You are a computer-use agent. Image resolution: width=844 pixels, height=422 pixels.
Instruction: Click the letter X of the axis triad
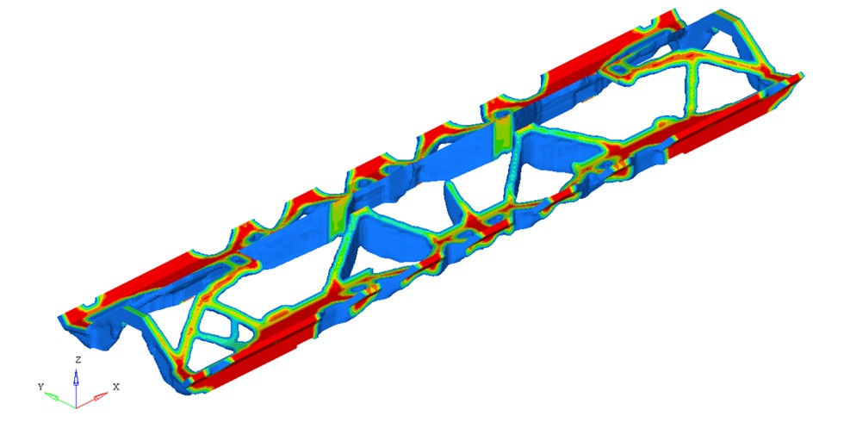tap(116, 387)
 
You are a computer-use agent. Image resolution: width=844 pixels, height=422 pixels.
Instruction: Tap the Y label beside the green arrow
tap(40, 387)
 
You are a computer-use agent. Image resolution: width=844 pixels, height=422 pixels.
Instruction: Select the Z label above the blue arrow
tap(78, 360)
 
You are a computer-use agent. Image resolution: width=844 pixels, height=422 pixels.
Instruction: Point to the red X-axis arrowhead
tap(101, 397)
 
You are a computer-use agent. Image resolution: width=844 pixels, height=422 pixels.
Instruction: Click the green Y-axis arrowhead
tap(51, 395)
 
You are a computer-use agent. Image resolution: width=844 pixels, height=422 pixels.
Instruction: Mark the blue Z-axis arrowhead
tap(76, 376)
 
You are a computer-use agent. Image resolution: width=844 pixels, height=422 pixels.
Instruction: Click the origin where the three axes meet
tap(76, 406)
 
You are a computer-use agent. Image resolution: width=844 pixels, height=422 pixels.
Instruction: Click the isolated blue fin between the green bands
tap(454, 199)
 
